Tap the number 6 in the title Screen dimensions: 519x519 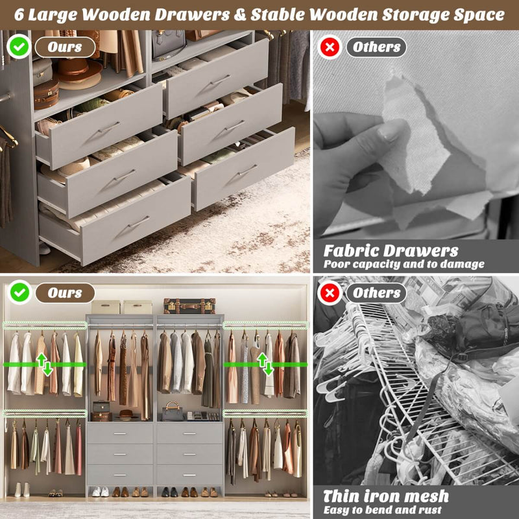(21, 14)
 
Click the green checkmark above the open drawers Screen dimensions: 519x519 (18, 47)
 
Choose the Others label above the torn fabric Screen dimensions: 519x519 (376, 47)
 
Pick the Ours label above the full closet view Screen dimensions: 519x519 (64, 293)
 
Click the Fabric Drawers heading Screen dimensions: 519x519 (391, 250)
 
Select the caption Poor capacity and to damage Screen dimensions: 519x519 (404, 264)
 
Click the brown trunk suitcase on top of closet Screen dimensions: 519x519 (189, 306)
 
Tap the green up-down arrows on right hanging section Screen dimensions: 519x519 (265, 364)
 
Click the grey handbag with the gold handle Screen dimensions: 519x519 (173, 411)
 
